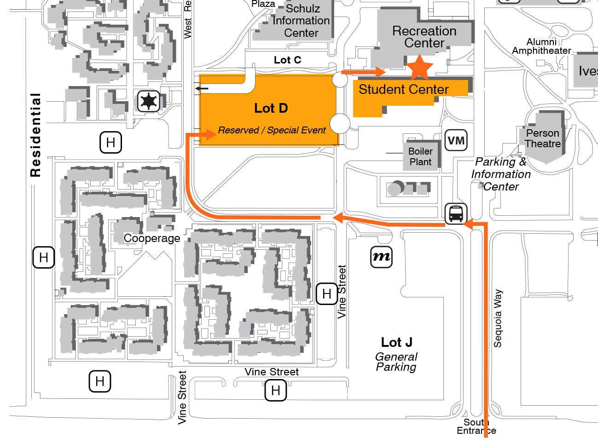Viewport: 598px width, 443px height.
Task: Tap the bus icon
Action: click(456, 213)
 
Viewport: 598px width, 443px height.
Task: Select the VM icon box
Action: click(456, 140)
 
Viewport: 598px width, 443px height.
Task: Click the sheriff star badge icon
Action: click(149, 101)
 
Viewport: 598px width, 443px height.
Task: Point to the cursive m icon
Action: click(382, 257)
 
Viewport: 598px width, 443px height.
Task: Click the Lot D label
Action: click(271, 108)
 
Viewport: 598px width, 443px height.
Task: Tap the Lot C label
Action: click(287, 60)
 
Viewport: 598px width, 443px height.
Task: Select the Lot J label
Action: click(396, 342)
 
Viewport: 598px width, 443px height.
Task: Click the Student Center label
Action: click(403, 89)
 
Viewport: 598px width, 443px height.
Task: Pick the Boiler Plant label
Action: click(420, 156)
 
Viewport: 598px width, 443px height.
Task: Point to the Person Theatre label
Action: click(543, 138)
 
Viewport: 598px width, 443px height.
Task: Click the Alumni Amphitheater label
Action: click(541, 46)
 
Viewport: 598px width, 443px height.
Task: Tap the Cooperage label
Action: click(152, 238)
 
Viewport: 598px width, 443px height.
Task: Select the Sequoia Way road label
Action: click(498, 318)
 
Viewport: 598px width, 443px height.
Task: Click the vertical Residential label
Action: click(35, 135)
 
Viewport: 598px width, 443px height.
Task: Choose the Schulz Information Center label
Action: click(301, 21)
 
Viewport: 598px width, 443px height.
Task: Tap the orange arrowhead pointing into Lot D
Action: click(211, 134)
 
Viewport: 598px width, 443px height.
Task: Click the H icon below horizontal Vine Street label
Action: click(275, 391)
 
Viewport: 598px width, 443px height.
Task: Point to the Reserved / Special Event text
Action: click(272, 130)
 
